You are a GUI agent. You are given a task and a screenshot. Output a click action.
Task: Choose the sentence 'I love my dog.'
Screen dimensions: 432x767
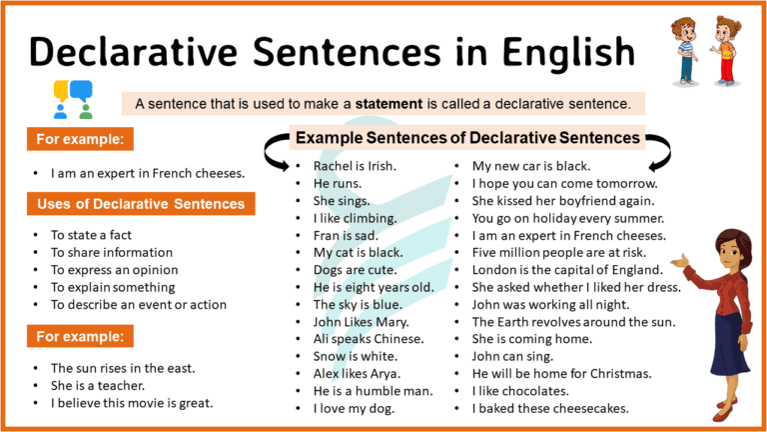coord(354,408)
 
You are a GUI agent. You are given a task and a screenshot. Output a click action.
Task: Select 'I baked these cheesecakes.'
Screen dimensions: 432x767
coord(550,408)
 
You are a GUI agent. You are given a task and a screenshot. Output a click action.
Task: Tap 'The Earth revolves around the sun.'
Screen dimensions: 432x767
coord(573,322)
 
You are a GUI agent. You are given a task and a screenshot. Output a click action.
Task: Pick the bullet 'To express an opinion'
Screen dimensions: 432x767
coord(114,270)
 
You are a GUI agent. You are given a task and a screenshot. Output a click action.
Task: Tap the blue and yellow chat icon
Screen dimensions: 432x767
coord(72,98)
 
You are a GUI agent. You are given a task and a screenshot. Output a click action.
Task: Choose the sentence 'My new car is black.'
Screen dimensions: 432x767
coord(530,166)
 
